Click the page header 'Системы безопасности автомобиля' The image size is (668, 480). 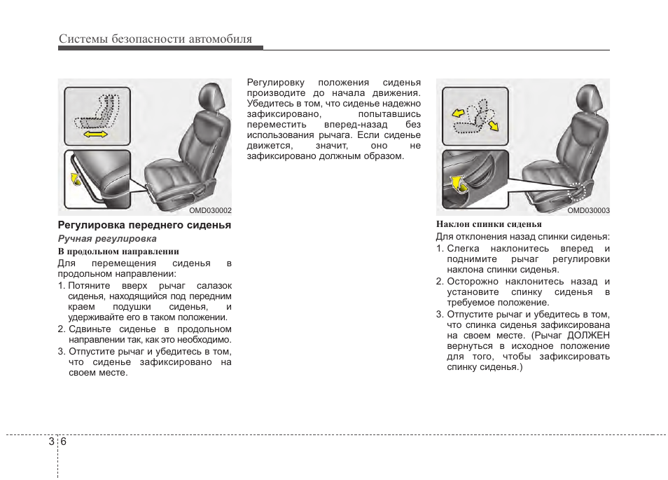(155, 39)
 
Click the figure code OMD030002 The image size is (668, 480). (210, 210)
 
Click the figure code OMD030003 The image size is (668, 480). (588, 210)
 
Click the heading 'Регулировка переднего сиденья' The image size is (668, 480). (144, 226)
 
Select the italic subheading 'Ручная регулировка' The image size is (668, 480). (107, 239)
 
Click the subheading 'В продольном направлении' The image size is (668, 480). (118, 251)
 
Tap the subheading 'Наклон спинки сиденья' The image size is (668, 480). (489, 225)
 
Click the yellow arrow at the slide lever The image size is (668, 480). (74, 179)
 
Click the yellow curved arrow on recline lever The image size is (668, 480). (457, 183)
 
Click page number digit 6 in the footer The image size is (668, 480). (63, 441)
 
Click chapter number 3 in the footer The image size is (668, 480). (51, 441)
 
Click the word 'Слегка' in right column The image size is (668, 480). (464, 249)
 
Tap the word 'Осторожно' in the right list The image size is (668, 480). (473, 281)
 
